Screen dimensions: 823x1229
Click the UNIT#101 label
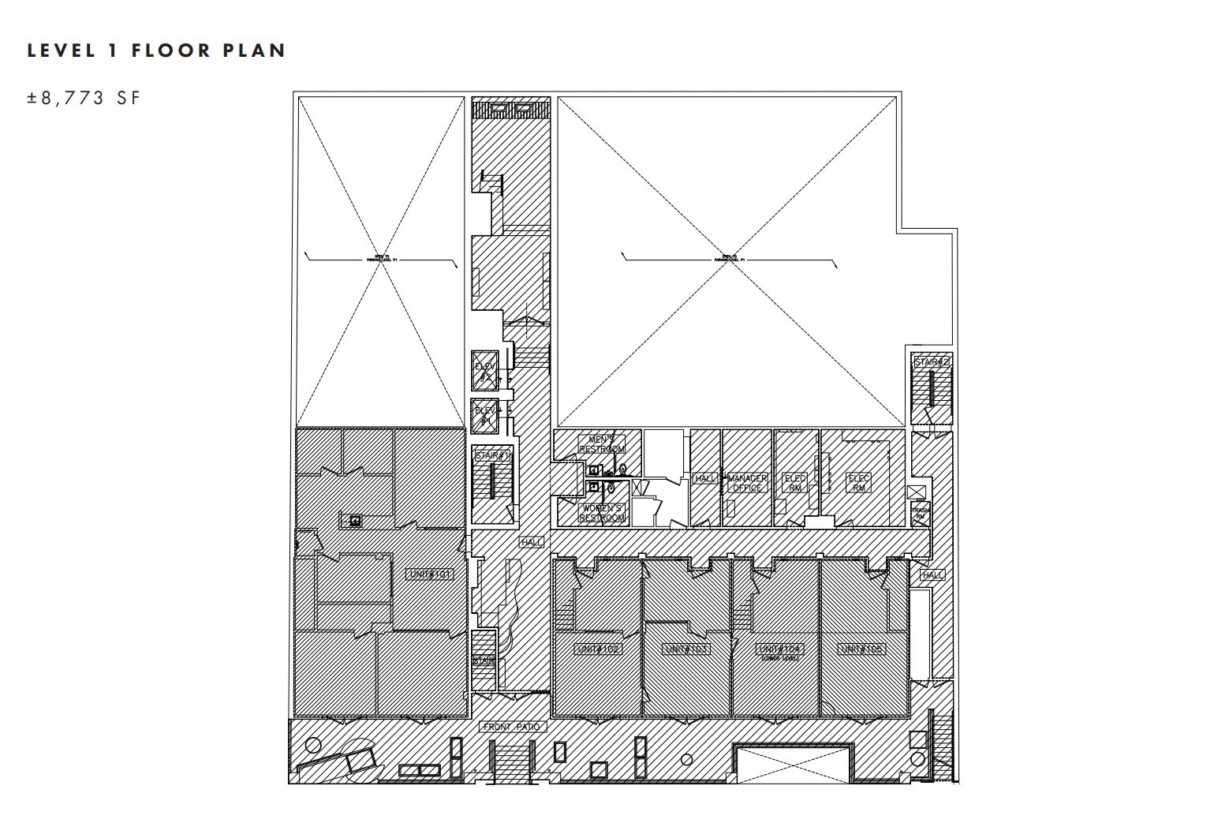click(x=430, y=574)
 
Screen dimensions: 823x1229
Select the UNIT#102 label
click(x=598, y=649)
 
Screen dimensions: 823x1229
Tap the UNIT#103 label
click(x=687, y=649)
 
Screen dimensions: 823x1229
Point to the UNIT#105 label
click(x=861, y=649)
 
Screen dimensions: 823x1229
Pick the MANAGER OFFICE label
click(x=747, y=483)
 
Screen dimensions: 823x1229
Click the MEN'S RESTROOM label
click(x=602, y=444)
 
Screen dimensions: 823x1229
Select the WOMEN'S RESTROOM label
click(x=602, y=513)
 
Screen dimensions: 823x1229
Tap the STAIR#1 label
click(x=493, y=455)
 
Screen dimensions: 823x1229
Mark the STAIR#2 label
click(x=932, y=362)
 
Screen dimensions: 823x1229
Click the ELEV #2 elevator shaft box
click(x=484, y=370)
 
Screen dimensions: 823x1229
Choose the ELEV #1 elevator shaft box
click(x=484, y=416)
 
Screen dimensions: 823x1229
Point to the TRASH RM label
click(x=920, y=513)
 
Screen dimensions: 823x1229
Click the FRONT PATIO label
click(x=513, y=727)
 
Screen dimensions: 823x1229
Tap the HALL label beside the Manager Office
click(x=704, y=478)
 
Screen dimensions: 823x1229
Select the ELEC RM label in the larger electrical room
click(x=858, y=483)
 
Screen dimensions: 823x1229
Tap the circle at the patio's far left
click(x=313, y=744)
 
